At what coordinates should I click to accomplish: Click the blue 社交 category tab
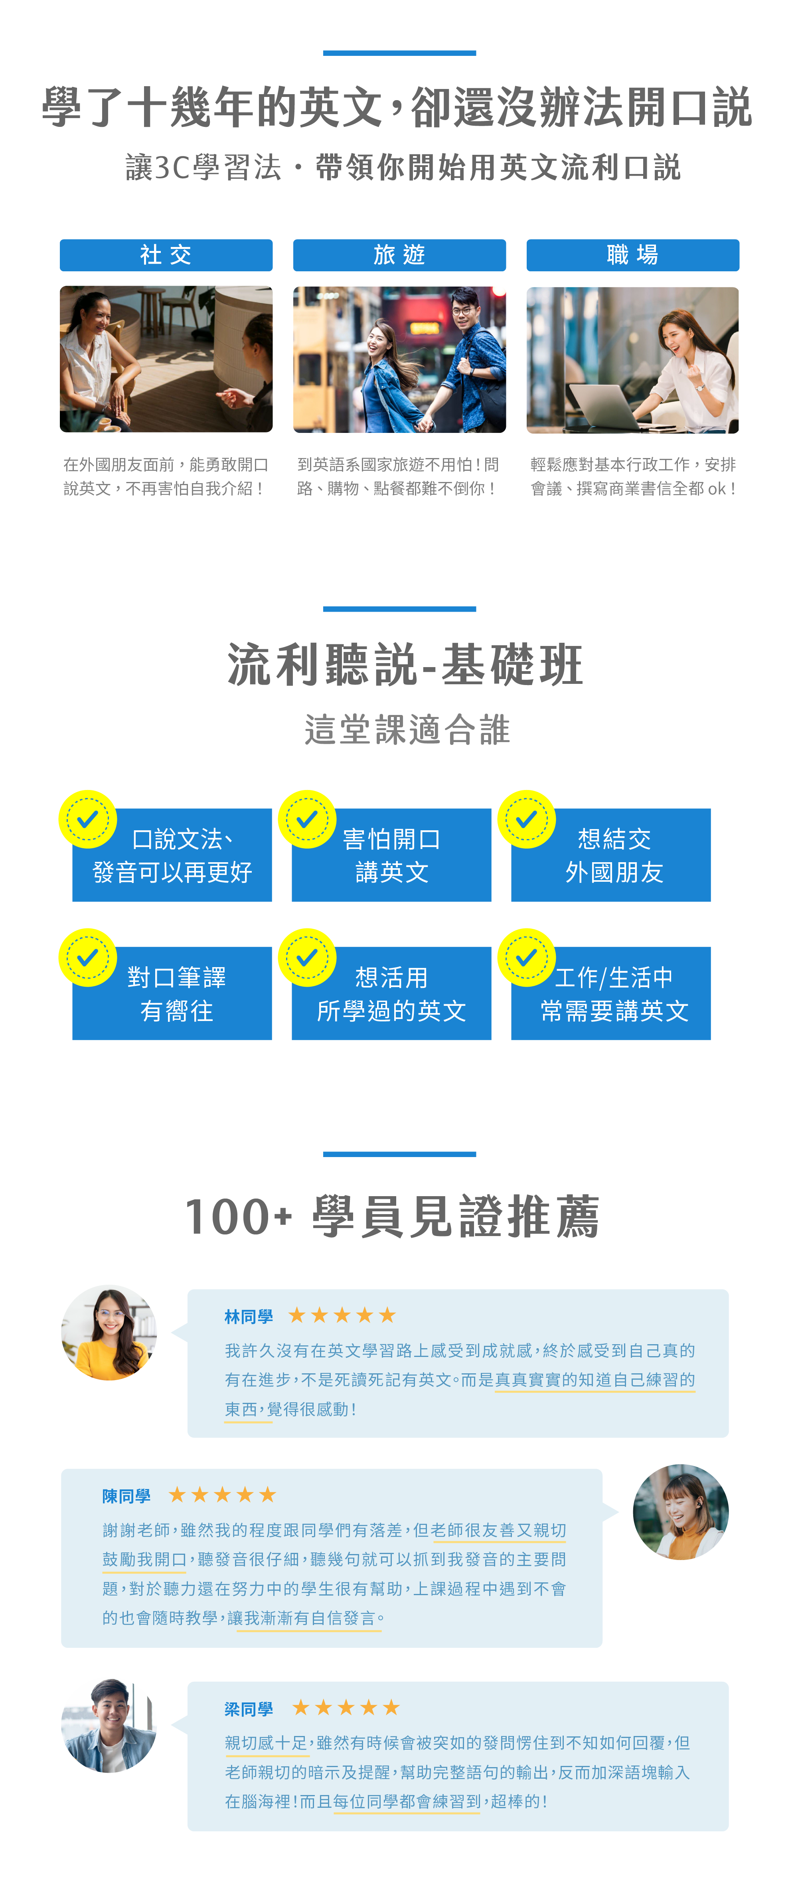[x=166, y=255]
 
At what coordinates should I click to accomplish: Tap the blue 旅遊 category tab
[x=399, y=255]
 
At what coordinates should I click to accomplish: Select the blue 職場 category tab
[x=632, y=255]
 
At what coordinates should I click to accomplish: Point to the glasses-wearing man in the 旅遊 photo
[x=468, y=344]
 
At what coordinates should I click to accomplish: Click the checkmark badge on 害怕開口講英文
[x=307, y=819]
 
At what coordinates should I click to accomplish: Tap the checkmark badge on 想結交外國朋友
[x=526, y=819]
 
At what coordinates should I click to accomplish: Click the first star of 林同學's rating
[x=296, y=1316]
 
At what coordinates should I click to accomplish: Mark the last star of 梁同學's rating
[x=392, y=1708]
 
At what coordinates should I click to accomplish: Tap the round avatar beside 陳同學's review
[x=680, y=1512]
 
